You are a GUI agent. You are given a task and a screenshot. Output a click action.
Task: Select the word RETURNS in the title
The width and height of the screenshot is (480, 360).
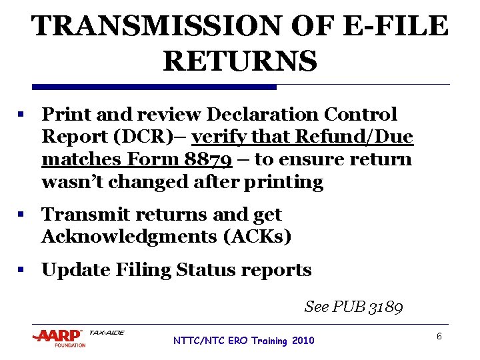coord(240,61)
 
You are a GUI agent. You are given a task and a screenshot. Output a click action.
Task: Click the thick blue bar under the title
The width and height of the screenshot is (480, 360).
coord(154,87)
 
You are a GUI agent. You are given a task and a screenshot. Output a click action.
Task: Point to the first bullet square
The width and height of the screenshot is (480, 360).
coord(22,115)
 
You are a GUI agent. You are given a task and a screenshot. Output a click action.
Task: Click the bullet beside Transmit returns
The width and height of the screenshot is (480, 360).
coord(22,215)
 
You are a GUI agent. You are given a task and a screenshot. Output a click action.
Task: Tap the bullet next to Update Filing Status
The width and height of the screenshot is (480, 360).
coord(22,271)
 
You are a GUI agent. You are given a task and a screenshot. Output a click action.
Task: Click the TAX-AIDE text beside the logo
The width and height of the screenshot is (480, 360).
coord(106,333)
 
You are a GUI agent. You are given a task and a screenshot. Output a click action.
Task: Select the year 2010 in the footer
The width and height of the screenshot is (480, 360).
coord(302,341)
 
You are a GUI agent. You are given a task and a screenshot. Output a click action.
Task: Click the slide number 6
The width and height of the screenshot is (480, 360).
coord(439,337)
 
